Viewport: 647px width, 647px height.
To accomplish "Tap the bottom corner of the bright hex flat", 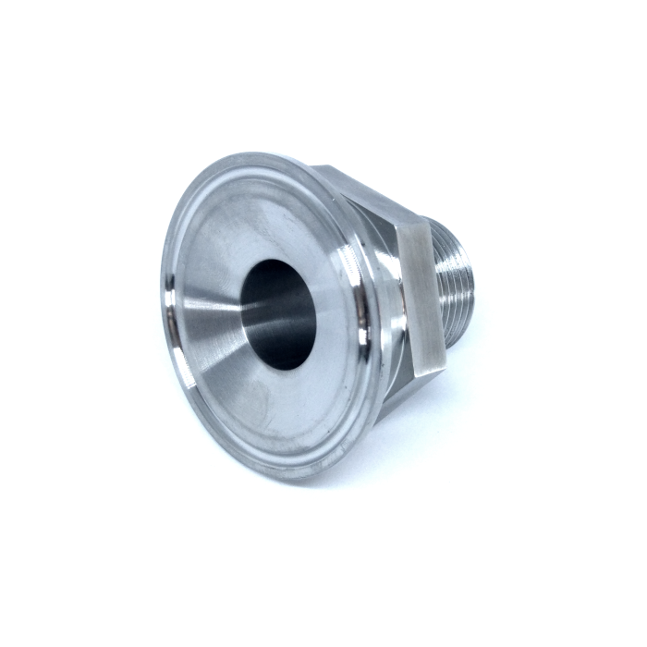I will click(x=434, y=373).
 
